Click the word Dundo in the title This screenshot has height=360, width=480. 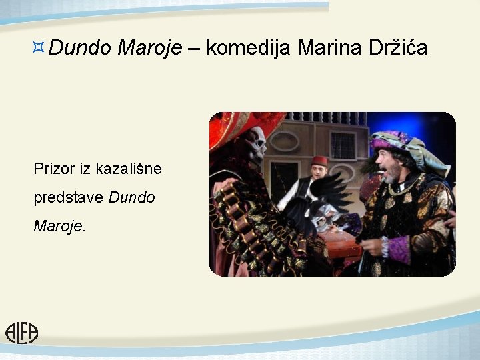click(79, 47)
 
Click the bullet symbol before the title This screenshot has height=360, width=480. click(39, 47)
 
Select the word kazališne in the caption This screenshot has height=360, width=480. click(129, 169)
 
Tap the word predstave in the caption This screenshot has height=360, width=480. click(69, 198)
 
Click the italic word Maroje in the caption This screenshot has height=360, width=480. click(59, 226)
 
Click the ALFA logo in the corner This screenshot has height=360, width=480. click(22, 332)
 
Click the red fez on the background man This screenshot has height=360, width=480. click(320, 161)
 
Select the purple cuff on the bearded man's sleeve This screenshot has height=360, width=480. click(399, 249)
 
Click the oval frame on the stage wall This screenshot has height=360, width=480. click(284, 141)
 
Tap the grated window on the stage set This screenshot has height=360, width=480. click(343, 145)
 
